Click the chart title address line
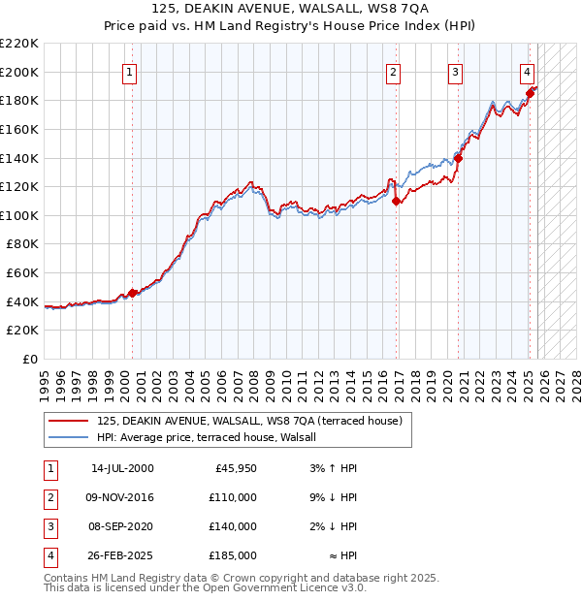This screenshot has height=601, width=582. point(291,9)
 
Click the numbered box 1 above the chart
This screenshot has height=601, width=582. point(130,71)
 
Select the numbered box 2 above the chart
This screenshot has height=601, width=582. point(393,71)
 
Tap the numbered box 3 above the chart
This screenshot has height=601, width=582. point(455,71)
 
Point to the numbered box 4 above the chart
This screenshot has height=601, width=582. point(527,71)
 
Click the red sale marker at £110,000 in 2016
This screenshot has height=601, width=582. point(396,202)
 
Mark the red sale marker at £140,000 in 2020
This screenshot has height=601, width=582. point(458,159)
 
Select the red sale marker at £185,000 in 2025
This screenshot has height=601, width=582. point(530,94)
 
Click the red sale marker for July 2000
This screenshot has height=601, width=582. point(133,294)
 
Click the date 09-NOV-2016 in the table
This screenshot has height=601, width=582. point(121,497)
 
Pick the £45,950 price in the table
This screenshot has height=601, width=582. point(234,468)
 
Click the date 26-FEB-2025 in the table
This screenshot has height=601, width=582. point(121,555)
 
